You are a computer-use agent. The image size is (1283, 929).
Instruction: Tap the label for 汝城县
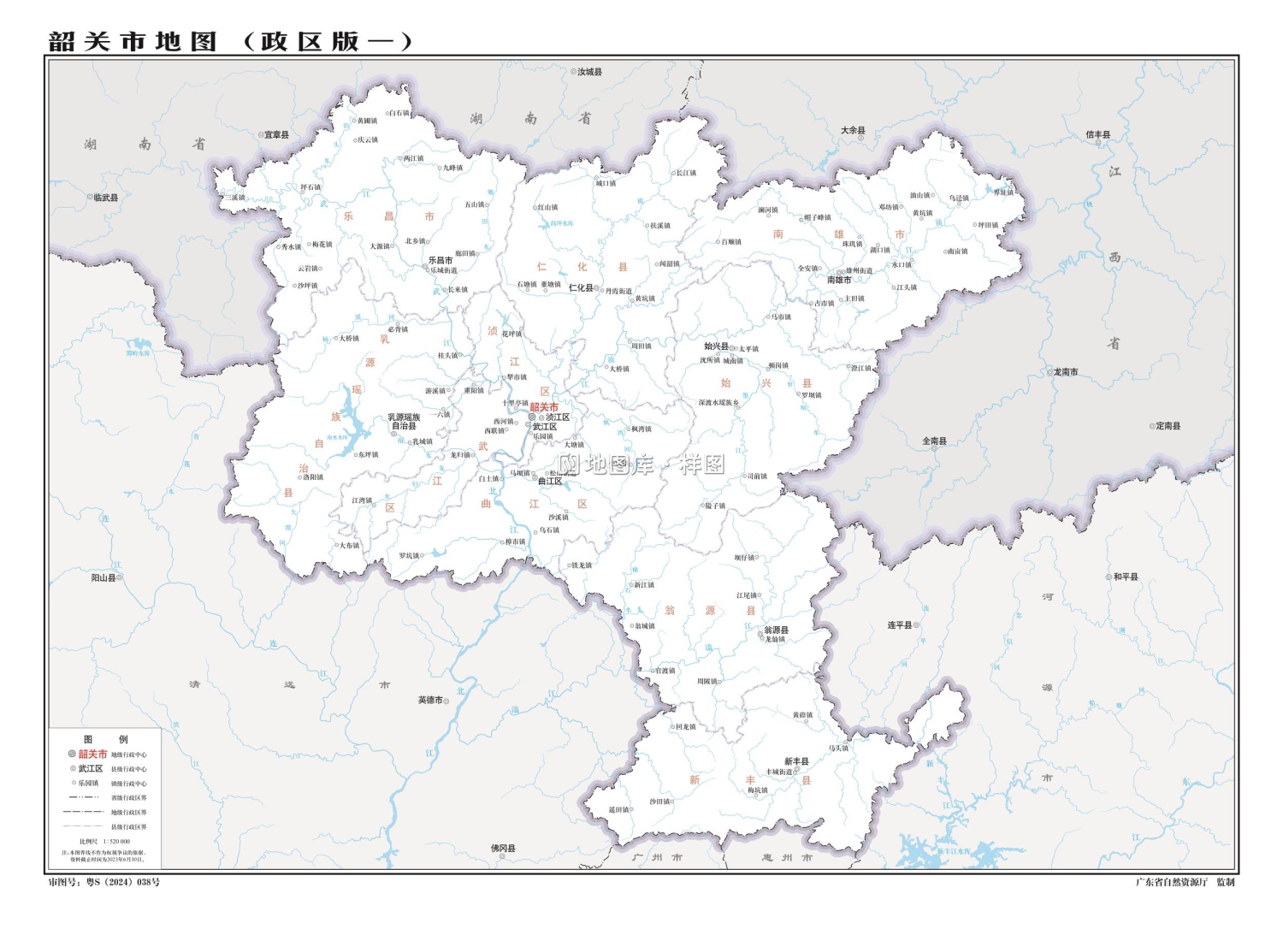pyautogui.click(x=589, y=72)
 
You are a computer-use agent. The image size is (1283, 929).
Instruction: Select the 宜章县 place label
pyautogui.click(x=276, y=134)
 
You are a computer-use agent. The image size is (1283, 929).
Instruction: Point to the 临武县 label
pyautogui.click(x=105, y=198)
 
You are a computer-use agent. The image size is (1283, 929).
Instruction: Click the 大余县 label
pyautogui.click(x=853, y=130)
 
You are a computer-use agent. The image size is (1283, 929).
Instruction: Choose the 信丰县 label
pyautogui.click(x=1097, y=134)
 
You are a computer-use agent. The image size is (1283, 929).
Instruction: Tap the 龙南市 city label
pyautogui.click(x=1065, y=372)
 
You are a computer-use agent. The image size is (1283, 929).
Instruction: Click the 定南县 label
pyautogui.click(x=1168, y=425)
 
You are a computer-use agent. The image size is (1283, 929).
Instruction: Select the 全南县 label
pyautogui.click(x=934, y=441)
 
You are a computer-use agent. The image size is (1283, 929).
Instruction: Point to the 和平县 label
pyautogui.click(x=1126, y=577)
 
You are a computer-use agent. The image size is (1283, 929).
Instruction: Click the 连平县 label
pyautogui.click(x=899, y=625)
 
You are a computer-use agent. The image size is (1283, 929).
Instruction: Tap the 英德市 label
pyautogui.click(x=430, y=700)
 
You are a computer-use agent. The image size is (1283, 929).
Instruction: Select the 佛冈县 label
pyautogui.click(x=503, y=848)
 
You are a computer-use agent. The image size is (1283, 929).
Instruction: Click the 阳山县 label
pyautogui.click(x=103, y=577)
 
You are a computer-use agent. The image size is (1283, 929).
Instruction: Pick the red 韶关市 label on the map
pyautogui.click(x=544, y=407)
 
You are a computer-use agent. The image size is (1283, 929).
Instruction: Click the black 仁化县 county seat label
pyautogui.click(x=581, y=288)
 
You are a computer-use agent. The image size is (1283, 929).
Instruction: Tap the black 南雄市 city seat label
pyautogui.click(x=838, y=280)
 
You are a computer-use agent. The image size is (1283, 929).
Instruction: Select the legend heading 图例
pyautogui.click(x=105, y=739)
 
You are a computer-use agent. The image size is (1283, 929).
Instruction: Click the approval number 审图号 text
pyautogui.click(x=103, y=882)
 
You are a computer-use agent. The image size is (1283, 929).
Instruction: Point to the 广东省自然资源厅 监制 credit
pyautogui.click(x=1185, y=882)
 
